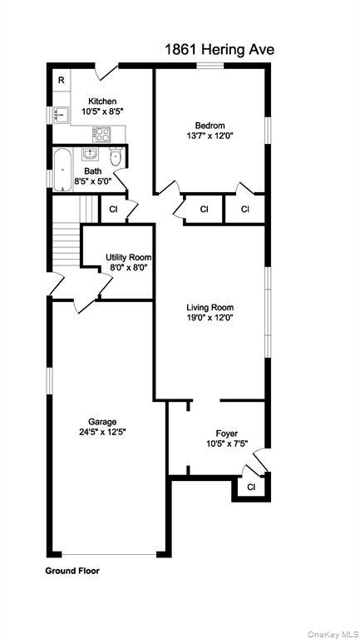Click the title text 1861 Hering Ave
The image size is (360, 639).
pyautogui.click(x=219, y=50)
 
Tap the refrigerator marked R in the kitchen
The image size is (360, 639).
pyautogui.click(x=62, y=80)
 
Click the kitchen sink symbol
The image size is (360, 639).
pyautogui.click(x=60, y=114)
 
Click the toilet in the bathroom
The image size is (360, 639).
pyautogui.click(x=116, y=156)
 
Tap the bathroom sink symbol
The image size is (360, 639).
pyautogui.click(x=91, y=154)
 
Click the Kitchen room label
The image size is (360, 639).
pyautogui.click(x=103, y=101)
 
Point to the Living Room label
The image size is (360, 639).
pyautogui.click(x=210, y=306)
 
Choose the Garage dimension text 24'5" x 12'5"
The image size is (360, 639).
pyautogui.click(x=103, y=431)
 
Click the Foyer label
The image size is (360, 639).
pyautogui.click(x=227, y=433)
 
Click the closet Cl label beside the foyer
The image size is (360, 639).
pyautogui.click(x=250, y=486)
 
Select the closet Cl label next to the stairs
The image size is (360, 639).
pyautogui.click(x=113, y=209)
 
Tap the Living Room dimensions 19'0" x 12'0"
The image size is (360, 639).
pyautogui.click(x=210, y=317)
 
